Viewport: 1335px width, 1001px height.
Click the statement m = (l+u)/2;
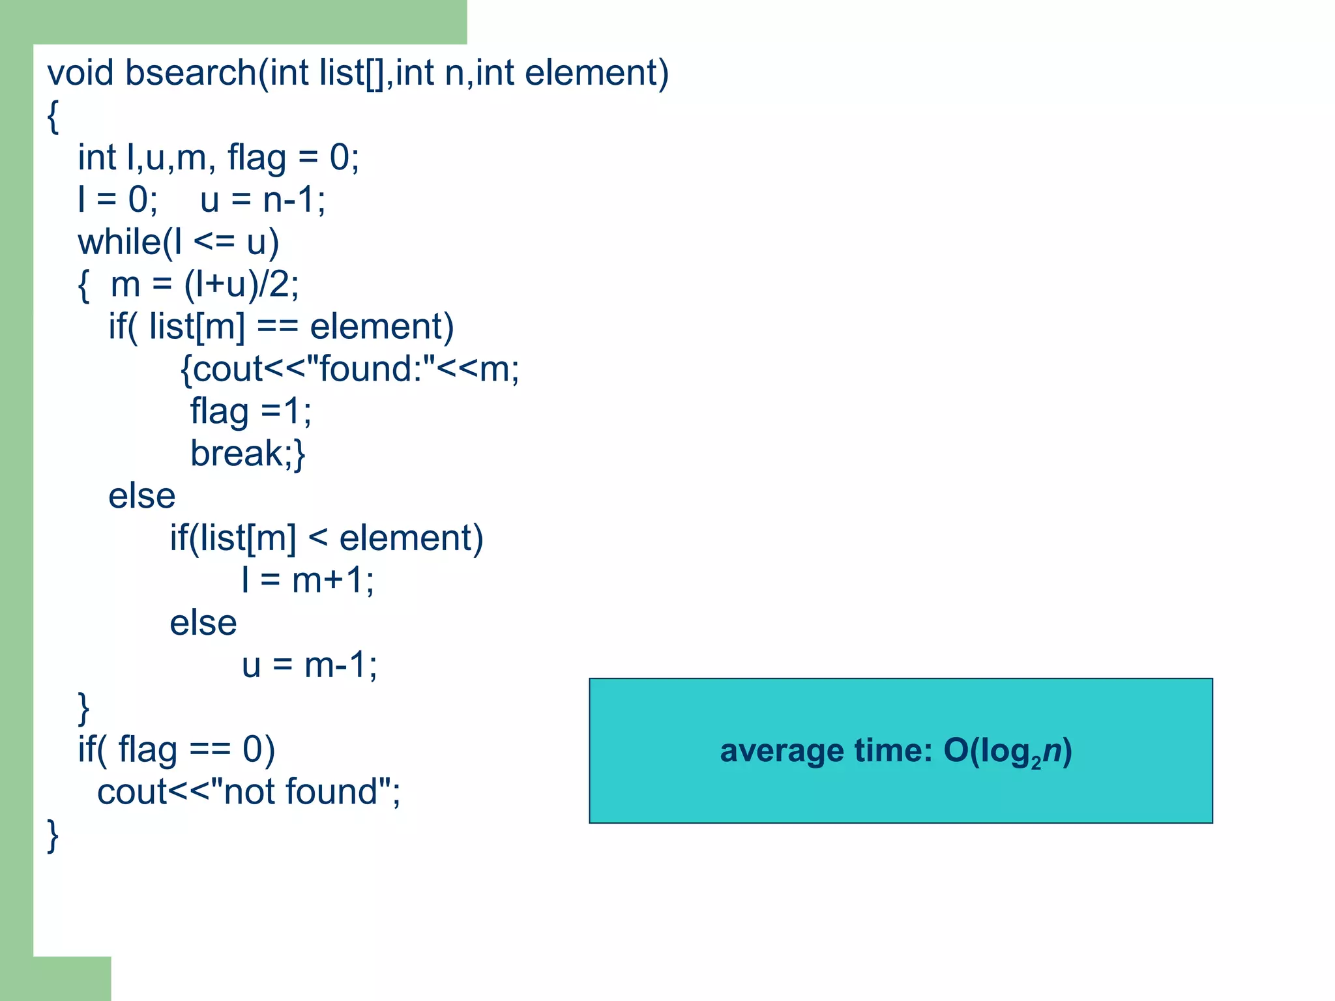(205, 285)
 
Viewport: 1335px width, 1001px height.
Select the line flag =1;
(250, 411)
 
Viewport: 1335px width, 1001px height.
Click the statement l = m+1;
(308, 580)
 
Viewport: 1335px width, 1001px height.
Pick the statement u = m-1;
(309, 665)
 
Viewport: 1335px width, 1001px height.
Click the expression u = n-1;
(263, 199)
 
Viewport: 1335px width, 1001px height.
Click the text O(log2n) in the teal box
(1007, 751)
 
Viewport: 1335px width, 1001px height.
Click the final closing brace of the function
(53, 835)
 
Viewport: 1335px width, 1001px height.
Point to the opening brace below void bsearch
(53, 116)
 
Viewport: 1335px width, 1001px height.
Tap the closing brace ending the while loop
(83, 708)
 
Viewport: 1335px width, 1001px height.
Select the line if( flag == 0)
(176, 749)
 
